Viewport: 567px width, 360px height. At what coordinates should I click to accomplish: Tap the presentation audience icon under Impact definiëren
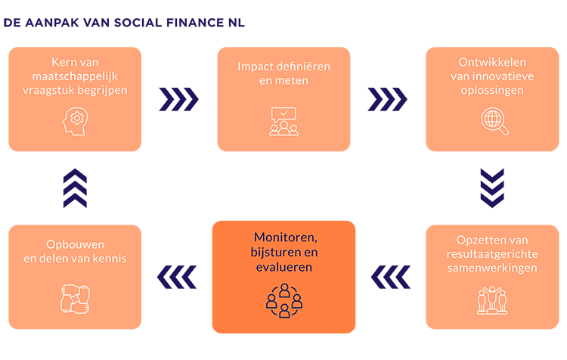[x=283, y=121]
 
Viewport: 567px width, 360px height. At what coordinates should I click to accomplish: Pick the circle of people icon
[x=283, y=300]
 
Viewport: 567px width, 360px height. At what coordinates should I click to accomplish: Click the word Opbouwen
[x=73, y=244]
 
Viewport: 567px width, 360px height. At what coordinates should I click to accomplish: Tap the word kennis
[x=108, y=259]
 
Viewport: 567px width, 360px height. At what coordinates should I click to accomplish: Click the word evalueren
[x=283, y=267]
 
